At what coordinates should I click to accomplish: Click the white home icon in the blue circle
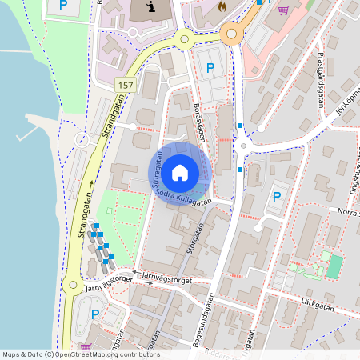pos(180,172)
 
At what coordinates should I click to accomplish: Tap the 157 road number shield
pos(126,84)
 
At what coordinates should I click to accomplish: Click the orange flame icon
pos(222,6)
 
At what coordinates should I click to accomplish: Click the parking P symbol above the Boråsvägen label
pos(210,69)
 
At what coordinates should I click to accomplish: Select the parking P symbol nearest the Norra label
pos(277,197)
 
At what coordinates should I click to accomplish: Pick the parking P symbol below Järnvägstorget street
pos(95,314)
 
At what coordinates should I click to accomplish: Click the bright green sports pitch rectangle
pos(334,266)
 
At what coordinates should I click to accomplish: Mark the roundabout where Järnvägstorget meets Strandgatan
pos(73,284)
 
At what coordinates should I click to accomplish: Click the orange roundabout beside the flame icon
pos(233,33)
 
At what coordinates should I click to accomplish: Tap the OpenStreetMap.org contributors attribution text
pos(112,354)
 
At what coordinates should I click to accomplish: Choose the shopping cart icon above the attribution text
pos(84,346)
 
